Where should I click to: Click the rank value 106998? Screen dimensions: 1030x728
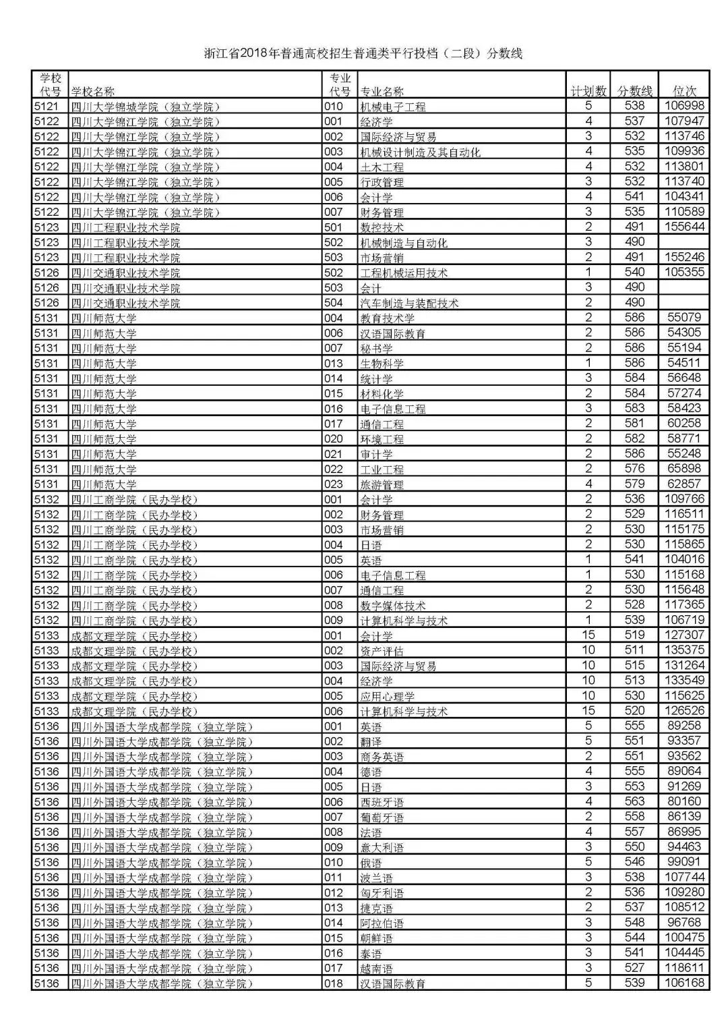tap(684, 106)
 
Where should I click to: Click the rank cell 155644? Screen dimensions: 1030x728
tap(684, 227)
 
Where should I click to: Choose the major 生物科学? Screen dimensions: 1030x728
tap(382, 364)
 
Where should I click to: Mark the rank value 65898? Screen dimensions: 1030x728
tap(684, 468)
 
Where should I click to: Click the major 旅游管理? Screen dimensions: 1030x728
tap(382, 484)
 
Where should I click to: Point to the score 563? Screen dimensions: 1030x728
tap(635, 801)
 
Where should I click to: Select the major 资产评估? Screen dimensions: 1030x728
tap(382, 651)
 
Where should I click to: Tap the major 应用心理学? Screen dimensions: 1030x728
tap(388, 696)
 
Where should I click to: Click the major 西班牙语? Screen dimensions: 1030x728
tap(382, 802)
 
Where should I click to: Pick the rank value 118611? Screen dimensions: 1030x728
tap(684, 968)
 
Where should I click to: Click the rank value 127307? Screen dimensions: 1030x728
tap(684, 635)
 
